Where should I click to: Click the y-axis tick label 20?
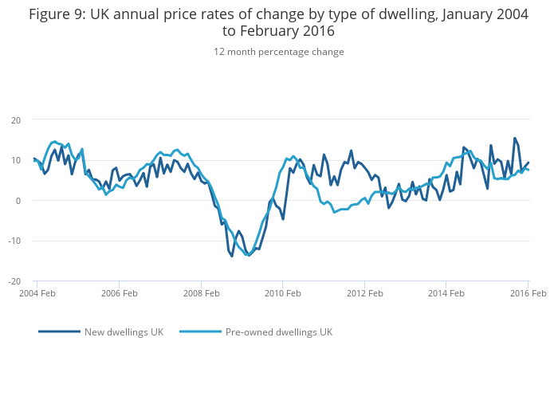pyautogui.click(x=15, y=120)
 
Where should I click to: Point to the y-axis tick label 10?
pyautogui.click(x=15, y=160)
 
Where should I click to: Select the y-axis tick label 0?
pyautogui.click(x=18, y=201)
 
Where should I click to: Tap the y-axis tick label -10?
pyautogui.click(x=14, y=241)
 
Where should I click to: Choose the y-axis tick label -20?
pyautogui.click(x=14, y=281)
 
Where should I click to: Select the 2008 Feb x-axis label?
pyautogui.click(x=201, y=294)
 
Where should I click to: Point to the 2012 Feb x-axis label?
pyautogui.click(x=364, y=294)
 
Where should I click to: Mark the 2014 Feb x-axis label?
pyautogui.click(x=446, y=294)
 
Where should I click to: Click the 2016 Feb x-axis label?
pyautogui.click(x=527, y=294)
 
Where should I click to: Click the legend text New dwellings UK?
pyautogui.click(x=124, y=332)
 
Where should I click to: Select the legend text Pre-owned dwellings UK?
pyautogui.click(x=278, y=332)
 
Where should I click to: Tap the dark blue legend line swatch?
pyautogui.click(x=60, y=332)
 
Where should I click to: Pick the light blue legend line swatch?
pyautogui.click(x=200, y=332)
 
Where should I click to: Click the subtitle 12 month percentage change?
pyautogui.click(x=278, y=52)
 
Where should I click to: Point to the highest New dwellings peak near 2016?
pyautogui.click(x=514, y=138)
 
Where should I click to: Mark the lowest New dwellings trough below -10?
pyautogui.click(x=232, y=256)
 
